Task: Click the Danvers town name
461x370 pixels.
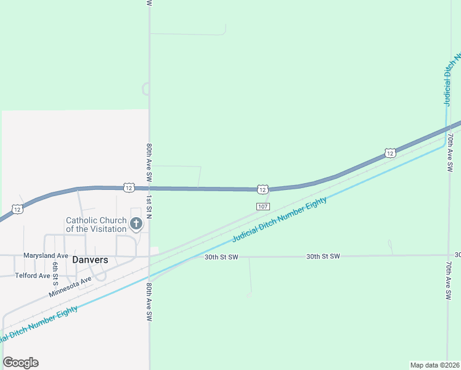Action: pyautogui.click(x=90, y=260)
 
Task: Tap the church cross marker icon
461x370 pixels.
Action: pyautogui.click(x=136, y=223)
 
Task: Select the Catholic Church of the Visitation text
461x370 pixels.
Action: pyautogui.click(x=96, y=224)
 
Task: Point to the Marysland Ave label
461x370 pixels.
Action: pyautogui.click(x=46, y=255)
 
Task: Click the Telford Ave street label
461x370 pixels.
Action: pyautogui.click(x=33, y=276)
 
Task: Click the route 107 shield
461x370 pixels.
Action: pyautogui.click(x=263, y=207)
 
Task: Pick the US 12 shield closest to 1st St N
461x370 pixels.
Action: pyautogui.click(x=128, y=186)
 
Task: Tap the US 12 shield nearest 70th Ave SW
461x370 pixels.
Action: pyautogui.click(x=390, y=152)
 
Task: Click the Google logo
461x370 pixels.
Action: pyautogui.click(x=20, y=363)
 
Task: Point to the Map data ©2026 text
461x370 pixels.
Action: pyautogui.click(x=435, y=364)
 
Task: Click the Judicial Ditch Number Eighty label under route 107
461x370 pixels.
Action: pyautogui.click(x=279, y=220)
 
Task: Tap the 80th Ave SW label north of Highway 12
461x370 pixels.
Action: pyautogui.click(x=149, y=162)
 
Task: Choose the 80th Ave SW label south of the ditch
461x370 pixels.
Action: pyautogui.click(x=149, y=302)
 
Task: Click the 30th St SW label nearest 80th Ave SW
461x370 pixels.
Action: pyautogui.click(x=222, y=256)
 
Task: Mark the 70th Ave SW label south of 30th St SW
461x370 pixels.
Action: pyautogui.click(x=449, y=279)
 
